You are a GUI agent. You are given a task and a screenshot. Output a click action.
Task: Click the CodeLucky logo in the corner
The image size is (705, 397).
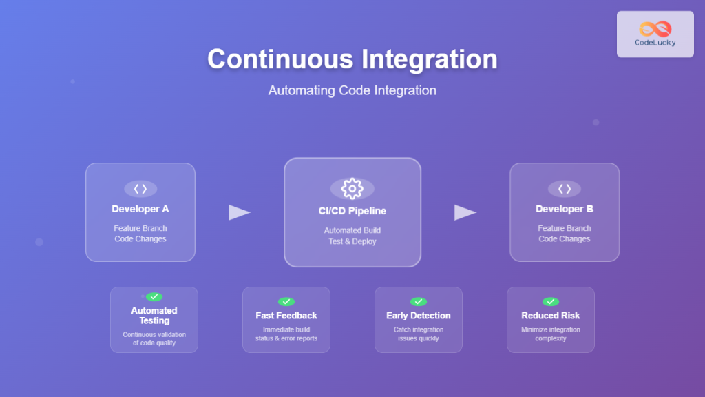click(655, 34)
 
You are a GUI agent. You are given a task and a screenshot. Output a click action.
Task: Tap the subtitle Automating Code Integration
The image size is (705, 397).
click(352, 90)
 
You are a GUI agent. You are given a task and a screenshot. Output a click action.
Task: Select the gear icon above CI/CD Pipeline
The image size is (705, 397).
click(352, 188)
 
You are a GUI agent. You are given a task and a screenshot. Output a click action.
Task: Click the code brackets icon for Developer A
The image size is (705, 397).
click(140, 189)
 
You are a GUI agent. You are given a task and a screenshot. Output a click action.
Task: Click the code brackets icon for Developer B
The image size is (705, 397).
click(564, 189)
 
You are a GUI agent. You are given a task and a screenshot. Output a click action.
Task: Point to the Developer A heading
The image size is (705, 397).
click(140, 209)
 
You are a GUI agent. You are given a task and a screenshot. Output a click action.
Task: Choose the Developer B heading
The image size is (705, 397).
click(564, 209)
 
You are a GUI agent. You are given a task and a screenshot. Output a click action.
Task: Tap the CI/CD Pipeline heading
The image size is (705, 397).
click(352, 211)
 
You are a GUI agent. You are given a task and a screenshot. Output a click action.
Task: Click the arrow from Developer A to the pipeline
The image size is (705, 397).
click(239, 212)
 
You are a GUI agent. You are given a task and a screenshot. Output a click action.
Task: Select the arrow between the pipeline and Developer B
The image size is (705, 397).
click(465, 212)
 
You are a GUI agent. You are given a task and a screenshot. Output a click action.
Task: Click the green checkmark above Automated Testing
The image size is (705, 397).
click(154, 296)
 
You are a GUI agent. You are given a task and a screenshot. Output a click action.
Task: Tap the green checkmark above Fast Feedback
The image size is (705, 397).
click(286, 301)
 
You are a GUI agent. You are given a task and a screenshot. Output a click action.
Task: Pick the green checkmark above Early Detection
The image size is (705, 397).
click(418, 301)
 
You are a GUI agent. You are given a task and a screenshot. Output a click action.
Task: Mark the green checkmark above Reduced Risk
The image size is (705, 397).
click(550, 301)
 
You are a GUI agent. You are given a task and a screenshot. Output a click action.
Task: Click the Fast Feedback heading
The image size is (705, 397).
click(286, 316)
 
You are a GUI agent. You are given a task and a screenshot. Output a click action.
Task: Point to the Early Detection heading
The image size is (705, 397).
click(418, 316)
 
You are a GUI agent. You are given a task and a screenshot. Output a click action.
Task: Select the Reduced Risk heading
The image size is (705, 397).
click(550, 316)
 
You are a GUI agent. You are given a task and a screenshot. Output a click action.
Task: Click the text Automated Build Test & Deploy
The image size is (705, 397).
click(352, 236)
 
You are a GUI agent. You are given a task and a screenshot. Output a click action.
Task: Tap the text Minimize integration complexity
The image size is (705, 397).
click(550, 334)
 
